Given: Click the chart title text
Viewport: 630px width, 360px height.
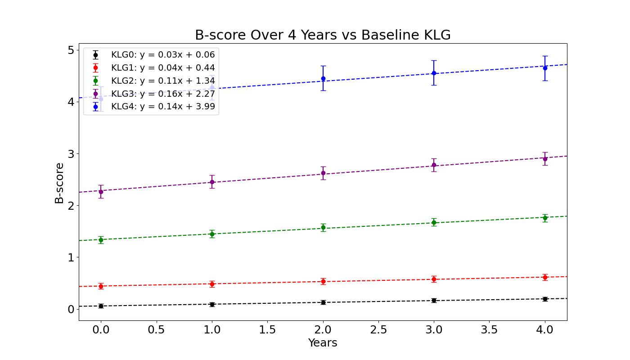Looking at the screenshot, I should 323,35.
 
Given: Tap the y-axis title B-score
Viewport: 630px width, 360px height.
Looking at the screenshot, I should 59,183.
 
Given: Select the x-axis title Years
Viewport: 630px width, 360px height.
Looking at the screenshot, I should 323,343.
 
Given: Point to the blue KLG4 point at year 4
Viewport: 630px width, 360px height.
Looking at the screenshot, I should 545,68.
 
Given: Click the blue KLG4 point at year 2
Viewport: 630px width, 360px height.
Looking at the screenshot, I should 323,79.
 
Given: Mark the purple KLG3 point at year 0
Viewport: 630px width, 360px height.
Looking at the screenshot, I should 101,192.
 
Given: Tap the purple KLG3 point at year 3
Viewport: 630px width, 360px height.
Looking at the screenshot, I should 434,165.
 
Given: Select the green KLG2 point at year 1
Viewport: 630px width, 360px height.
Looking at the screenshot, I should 212,234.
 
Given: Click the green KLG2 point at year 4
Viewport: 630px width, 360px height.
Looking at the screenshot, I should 545,218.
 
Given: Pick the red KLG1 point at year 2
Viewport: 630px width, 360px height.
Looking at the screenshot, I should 323,282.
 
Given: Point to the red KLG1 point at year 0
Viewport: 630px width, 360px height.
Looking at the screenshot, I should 101,286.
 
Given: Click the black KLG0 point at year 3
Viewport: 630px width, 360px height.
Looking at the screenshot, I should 434,300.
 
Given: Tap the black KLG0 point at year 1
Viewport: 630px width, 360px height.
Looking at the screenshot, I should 212,304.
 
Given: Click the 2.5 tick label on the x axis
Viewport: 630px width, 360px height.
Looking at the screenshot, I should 378,330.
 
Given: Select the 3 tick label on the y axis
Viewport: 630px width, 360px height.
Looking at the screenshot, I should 71,154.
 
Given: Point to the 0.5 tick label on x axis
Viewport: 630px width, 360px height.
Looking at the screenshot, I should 157,330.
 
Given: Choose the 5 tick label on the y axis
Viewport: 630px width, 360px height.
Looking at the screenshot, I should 71,50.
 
